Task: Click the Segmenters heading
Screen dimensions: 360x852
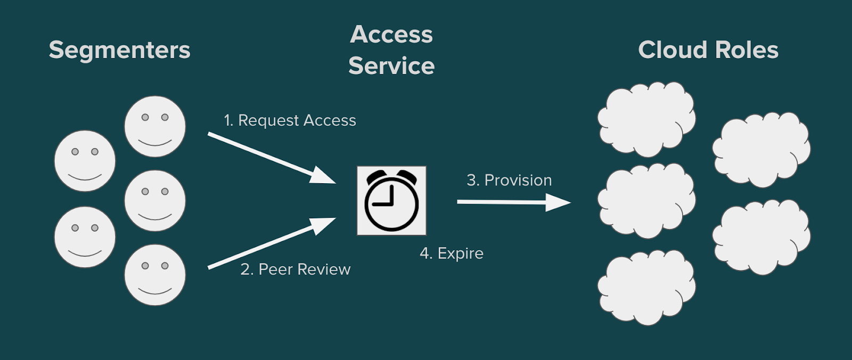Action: coord(119,50)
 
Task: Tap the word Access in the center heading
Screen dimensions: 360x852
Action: coord(391,35)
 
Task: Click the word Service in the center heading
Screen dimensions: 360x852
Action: coord(391,66)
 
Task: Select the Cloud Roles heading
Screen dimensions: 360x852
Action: coord(708,50)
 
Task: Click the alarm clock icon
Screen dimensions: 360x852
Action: coord(391,201)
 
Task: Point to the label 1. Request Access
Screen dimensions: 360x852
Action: coord(290,120)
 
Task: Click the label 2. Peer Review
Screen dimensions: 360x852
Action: coord(296,269)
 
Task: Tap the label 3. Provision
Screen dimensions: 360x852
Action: coord(509,181)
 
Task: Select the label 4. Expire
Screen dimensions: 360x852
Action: coord(452,253)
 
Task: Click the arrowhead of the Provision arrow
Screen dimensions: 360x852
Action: coord(559,202)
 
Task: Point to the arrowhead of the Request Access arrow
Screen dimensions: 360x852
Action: coord(323,176)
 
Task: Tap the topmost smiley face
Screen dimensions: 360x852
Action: coord(155,126)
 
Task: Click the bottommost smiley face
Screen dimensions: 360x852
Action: coord(155,275)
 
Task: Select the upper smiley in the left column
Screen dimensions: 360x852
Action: coord(85,161)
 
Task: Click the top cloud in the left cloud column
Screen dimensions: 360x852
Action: coord(646,119)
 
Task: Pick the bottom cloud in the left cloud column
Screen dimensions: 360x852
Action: coord(646,288)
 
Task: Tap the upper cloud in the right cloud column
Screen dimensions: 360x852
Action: coord(761,150)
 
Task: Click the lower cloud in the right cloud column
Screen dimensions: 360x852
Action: coord(761,237)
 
